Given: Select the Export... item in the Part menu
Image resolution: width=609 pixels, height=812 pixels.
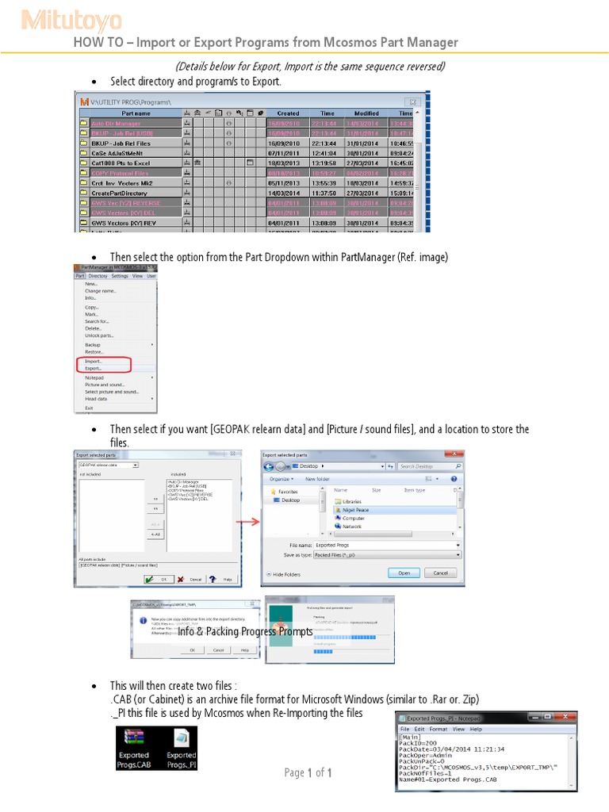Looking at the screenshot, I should [x=94, y=369].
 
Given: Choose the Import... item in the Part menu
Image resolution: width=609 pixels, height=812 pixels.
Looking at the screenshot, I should [x=94, y=361].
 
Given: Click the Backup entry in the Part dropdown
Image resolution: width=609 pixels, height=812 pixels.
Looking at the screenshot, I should [x=93, y=345].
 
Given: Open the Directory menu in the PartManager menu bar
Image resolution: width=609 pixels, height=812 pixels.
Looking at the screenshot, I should [x=98, y=276].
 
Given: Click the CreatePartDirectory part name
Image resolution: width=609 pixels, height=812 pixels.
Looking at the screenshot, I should [x=120, y=192].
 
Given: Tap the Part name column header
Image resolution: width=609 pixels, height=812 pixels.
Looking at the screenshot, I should [x=136, y=113].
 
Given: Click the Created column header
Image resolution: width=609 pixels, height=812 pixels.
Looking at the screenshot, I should [x=288, y=113].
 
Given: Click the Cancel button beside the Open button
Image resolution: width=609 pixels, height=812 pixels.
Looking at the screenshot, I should [x=440, y=573].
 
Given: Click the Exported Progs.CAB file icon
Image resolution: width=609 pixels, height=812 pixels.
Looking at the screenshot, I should [x=133, y=748].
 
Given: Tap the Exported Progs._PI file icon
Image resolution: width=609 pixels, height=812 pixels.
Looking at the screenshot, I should [x=181, y=748].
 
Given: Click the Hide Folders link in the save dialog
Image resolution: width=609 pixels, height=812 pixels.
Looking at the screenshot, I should [x=286, y=573].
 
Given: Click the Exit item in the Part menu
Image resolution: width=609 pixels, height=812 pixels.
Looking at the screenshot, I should [x=89, y=408].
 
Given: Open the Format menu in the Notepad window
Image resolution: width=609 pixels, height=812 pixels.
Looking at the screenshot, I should [x=438, y=729].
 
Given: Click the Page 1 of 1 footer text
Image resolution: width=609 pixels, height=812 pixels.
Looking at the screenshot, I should [x=308, y=773].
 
